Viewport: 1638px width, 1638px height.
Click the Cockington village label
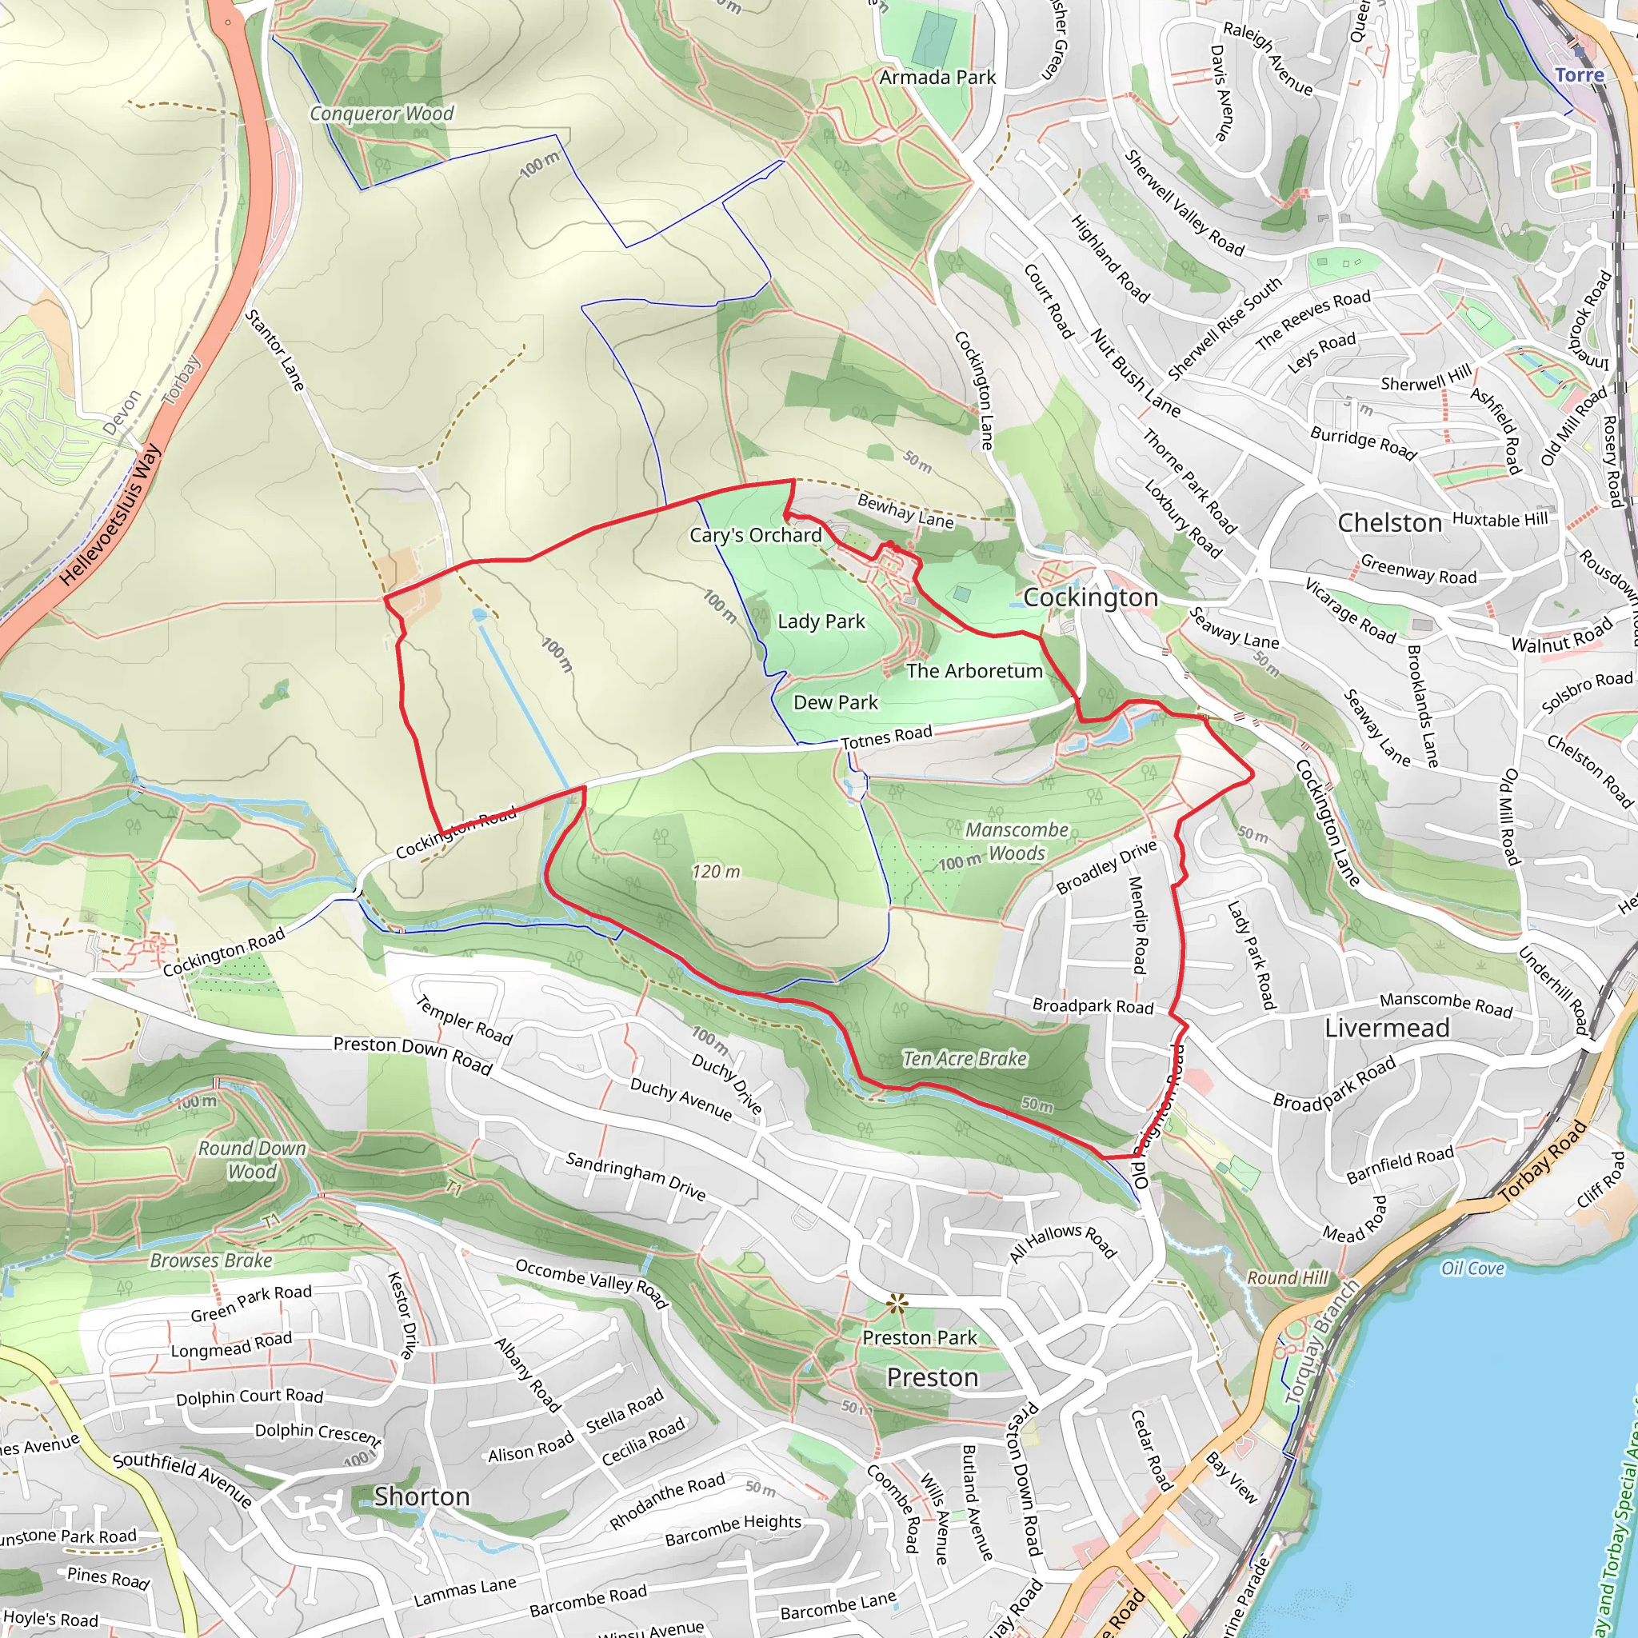coord(1090,597)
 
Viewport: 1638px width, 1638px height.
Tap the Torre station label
coord(1579,74)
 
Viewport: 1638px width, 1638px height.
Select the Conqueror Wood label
coord(382,114)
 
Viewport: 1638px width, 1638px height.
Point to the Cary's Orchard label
coord(755,535)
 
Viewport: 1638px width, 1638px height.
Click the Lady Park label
coord(821,621)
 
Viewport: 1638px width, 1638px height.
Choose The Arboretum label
coord(974,670)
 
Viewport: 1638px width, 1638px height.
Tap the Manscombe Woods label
coord(1017,841)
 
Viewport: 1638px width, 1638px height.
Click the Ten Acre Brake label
coord(965,1058)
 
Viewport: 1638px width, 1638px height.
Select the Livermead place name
coord(1387,1029)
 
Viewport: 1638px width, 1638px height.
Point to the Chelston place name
coord(1389,523)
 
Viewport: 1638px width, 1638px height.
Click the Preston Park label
coord(919,1337)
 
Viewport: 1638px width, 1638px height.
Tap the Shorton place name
coord(422,1496)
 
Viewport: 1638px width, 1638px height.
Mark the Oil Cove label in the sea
coord(1472,1268)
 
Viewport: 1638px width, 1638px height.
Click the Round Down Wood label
coord(252,1160)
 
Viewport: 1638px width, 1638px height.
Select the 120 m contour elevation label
coord(716,872)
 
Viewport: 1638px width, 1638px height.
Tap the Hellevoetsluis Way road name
coord(110,516)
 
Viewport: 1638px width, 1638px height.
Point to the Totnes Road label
coord(886,736)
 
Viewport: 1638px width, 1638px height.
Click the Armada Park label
coord(937,77)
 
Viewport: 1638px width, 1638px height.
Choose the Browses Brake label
coord(211,1260)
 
